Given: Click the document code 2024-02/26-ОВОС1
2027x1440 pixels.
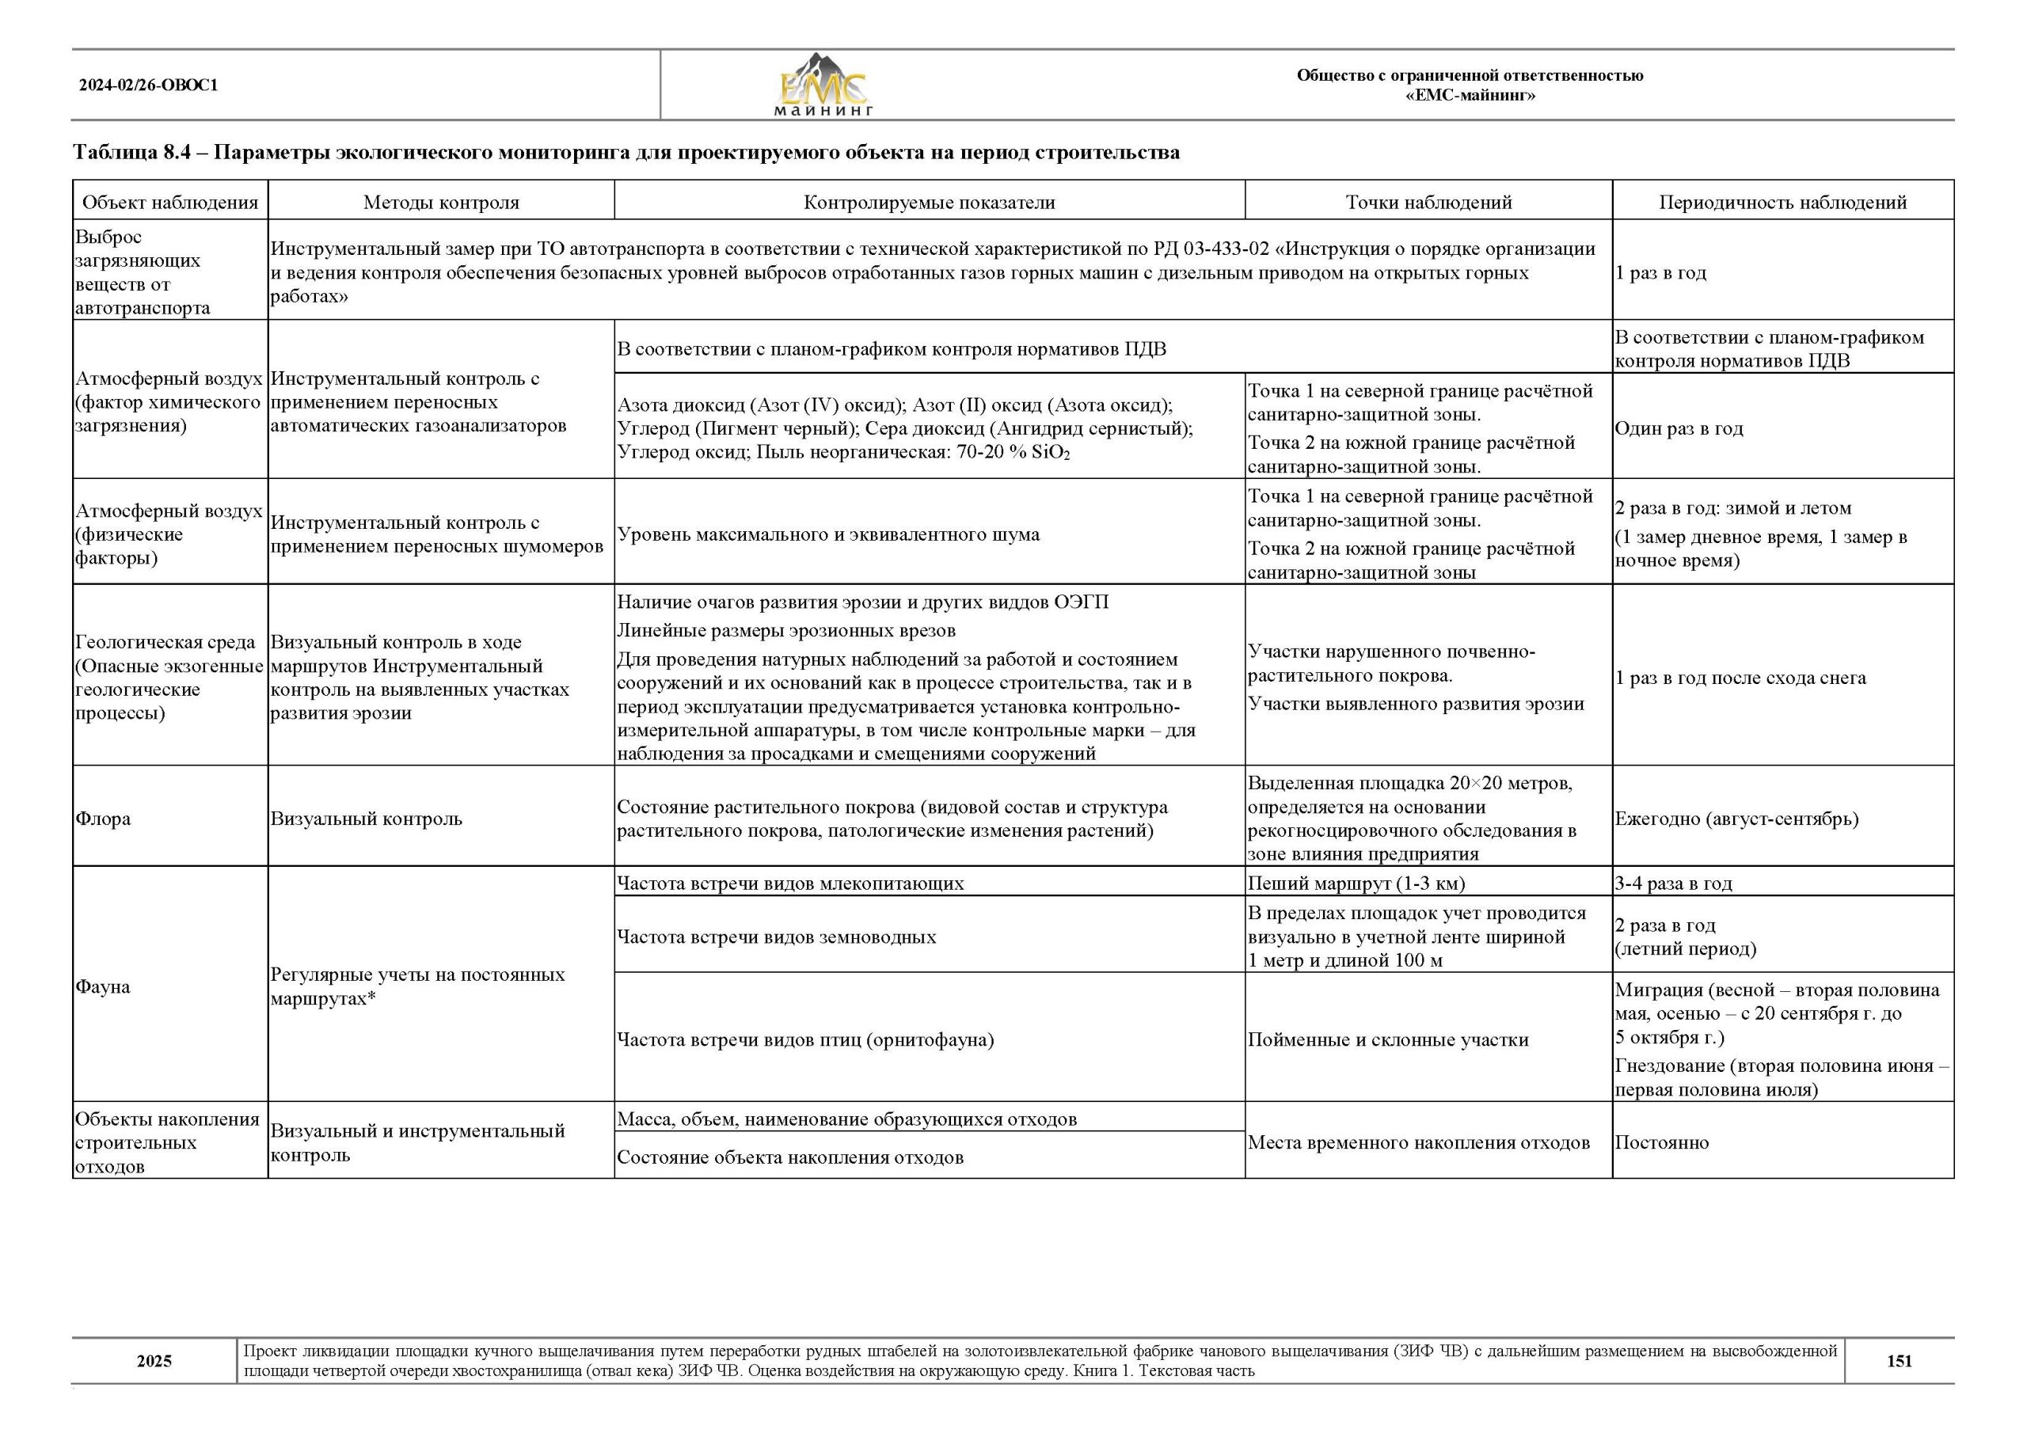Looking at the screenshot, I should [x=148, y=86].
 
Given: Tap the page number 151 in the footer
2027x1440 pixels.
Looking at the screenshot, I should [x=1899, y=1361].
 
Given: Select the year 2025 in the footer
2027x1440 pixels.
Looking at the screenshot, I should [x=154, y=1361].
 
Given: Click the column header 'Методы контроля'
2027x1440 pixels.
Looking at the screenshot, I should [x=441, y=202].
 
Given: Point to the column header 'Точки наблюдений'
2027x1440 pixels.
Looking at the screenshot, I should [x=1428, y=202].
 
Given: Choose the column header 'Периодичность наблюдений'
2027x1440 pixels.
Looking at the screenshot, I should [x=1782, y=202].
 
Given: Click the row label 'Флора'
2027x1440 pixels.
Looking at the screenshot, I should [x=103, y=819].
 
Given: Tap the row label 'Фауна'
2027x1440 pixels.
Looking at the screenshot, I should [x=103, y=987].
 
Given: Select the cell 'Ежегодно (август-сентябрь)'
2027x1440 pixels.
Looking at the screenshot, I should [x=1736, y=819].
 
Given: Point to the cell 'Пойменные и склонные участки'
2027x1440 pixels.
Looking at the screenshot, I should [x=1388, y=1040].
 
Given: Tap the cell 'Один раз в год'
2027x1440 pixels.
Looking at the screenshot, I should [x=1678, y=428].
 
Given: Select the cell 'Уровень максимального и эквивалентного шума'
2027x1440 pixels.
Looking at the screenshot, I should [x=828, y=534].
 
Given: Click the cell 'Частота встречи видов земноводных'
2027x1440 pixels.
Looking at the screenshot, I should [x=776, y=937].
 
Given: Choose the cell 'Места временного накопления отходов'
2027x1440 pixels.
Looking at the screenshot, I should [x=1418, y=1143].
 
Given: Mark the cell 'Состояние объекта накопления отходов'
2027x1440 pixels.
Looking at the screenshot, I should [x=790, y=1157].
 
